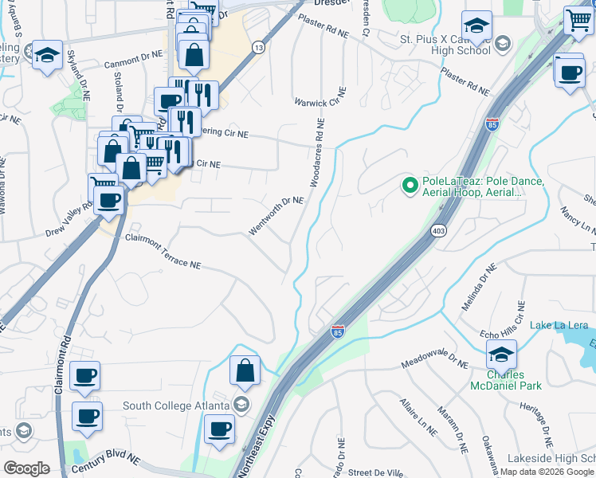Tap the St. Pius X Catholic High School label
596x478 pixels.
445,45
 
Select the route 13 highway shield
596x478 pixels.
258,48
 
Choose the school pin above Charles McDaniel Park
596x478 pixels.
501,354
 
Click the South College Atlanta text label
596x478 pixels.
178,406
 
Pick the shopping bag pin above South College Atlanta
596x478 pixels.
245,370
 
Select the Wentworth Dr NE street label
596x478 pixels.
276,215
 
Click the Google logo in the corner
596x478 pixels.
25,468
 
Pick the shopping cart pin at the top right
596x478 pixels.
578,21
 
